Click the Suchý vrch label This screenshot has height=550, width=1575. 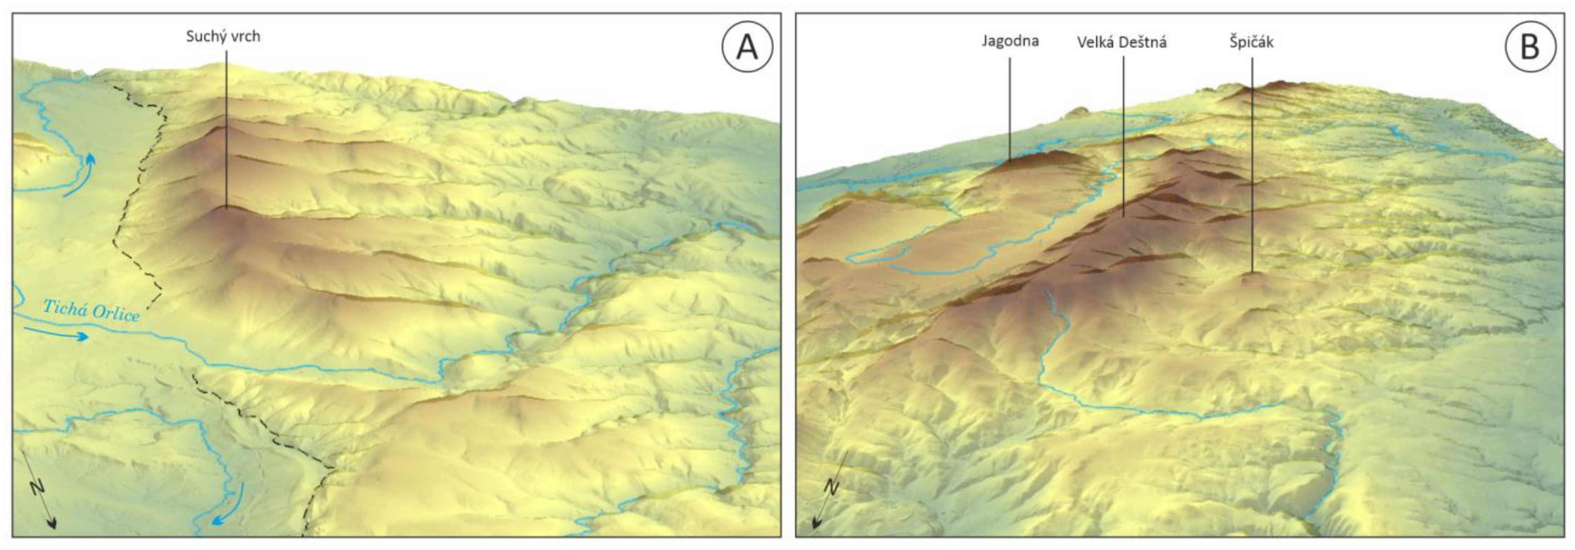click(x=223, y=37)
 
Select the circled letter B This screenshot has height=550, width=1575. click(x=1530, y=47)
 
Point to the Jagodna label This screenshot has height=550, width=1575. click(x=1010, y=41)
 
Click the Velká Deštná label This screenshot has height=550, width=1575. click(x=1122, y=42)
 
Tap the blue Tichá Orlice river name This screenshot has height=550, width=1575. click(x=91, y=310)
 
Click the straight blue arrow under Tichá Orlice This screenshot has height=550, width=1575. click(x=56, y=334)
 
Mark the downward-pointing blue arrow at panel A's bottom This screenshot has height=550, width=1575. click(x=229, y=504)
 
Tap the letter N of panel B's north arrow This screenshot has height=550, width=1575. click(x=831, y=487)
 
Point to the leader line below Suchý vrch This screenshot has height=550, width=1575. click(x=226, y=128)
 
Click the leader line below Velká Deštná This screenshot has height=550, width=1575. click(x=1124, y=134)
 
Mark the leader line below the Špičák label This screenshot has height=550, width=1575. click(x=1252, y=165)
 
